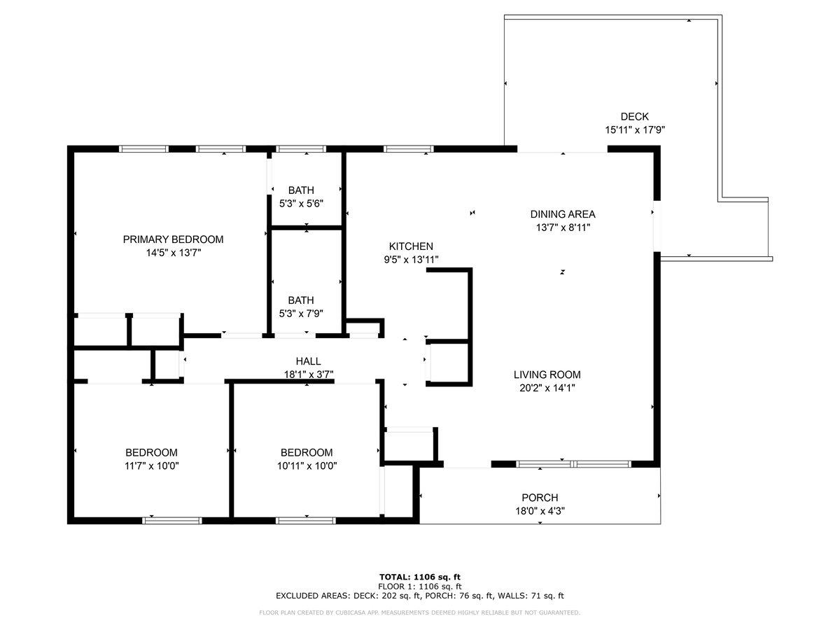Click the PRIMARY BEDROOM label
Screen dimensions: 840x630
coord(173,239)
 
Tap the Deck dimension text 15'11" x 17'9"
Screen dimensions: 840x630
coord(634,130)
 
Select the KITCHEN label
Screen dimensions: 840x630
coord(411,246)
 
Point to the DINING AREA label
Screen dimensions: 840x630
coord(563,214)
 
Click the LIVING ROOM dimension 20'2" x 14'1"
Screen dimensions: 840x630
coord(547,388)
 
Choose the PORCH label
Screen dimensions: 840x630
coord(540,498)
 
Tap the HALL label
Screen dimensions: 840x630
coord(308,361)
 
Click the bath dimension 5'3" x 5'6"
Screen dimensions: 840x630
coord(301,204)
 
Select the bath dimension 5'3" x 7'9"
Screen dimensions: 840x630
coord(301,314)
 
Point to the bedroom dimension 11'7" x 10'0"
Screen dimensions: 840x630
coord(151,466)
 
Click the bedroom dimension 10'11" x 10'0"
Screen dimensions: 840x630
coord(307,466)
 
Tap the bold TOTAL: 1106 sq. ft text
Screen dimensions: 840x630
coord(420,577)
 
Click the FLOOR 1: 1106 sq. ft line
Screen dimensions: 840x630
coord(420,587)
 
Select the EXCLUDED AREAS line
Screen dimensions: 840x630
coord(420,596)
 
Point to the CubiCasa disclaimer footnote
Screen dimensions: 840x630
coord(419,612)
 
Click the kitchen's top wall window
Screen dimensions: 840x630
coord(409,149)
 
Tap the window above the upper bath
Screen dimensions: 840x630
coord(301,149)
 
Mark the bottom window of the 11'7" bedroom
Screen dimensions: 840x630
coord(172,521)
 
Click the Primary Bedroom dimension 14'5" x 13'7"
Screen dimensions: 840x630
coord(174,253)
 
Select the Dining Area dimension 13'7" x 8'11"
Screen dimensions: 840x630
coord(563,227)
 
